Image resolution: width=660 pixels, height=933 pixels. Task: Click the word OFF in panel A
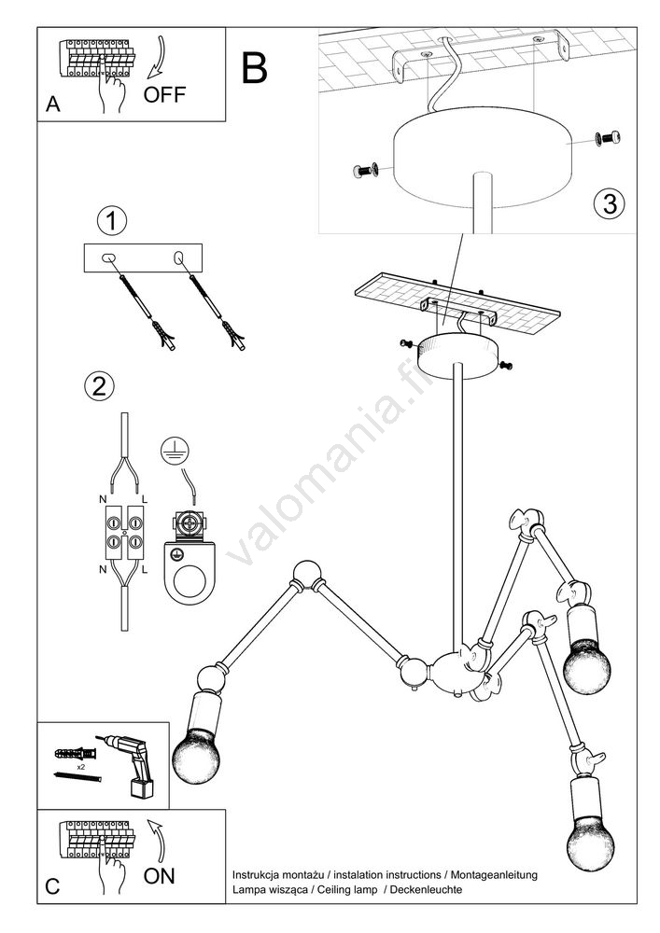pyautogui.click(x=166, y=94)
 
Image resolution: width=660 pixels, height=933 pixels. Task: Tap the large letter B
pyautogui.click(x=254, y=67)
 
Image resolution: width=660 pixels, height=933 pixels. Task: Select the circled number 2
pyautogui.click(x=99, y=384)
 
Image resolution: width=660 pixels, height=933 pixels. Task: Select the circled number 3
pyautogui.click(x=609, y=204)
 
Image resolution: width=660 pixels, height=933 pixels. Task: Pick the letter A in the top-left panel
pyautogui.click(x=53, y=105)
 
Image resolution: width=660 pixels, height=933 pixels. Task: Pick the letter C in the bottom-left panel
pyautogui.click(x=53, y=887)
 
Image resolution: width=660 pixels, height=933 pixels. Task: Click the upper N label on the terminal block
pyautogui.click(x=102, y=500)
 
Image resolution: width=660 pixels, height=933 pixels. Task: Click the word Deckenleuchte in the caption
pyautogui.click(x=428, y=890)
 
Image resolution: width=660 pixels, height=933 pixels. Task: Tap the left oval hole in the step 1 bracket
pyautogui.click(x=107, y=257)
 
